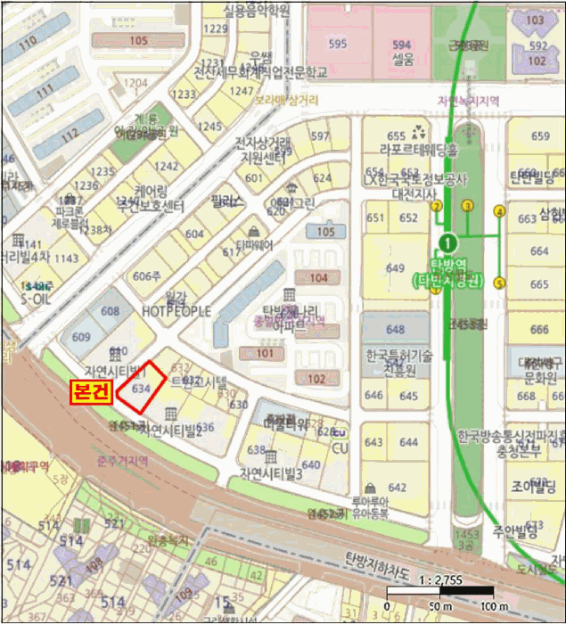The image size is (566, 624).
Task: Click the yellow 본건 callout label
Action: tap(92, 391)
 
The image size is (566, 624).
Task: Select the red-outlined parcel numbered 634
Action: tap(143, 387)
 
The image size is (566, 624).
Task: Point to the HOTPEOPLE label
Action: tap(176, 311)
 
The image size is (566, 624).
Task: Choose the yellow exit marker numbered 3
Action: tap(466, 206)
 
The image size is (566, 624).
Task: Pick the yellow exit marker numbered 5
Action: tap(500, 283)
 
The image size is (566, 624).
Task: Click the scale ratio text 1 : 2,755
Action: tap(438, 578)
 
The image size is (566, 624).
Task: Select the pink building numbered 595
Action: tap(337, 44)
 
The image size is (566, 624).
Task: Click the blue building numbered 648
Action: tap(396, 330)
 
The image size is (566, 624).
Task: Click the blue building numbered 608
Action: tap(111, 311)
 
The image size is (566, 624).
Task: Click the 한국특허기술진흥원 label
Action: tap(398, 361)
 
